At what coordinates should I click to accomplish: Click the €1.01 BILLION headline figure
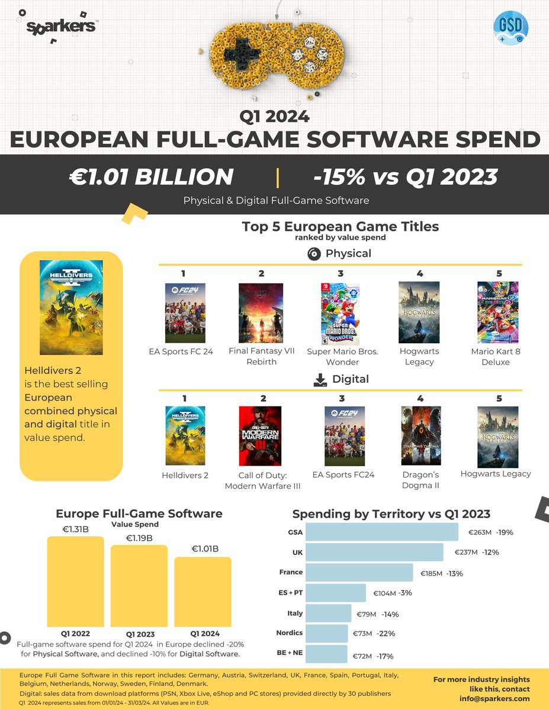[x=150, y=177]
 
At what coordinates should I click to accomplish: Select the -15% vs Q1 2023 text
[x=405, y=177]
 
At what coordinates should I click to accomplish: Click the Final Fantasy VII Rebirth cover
[x=261, y=313]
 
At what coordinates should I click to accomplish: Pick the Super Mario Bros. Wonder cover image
[x=340, y=314]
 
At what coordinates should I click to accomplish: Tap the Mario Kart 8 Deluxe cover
[x=497, y=312]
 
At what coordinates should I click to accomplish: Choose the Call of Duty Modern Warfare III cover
[x=261, y=435]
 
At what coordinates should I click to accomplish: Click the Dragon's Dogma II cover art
[x=420, y=435]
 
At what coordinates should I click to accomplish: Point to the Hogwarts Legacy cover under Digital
[x=497, y=437]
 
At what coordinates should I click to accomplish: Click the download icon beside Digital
[x=320, y=379]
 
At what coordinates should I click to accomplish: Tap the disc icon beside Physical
[x=314, y=254]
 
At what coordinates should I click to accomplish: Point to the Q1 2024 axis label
[x=204, y=634]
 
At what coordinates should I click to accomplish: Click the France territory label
[x=291, y=572]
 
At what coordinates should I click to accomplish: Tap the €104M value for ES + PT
[x=384, y=593]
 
